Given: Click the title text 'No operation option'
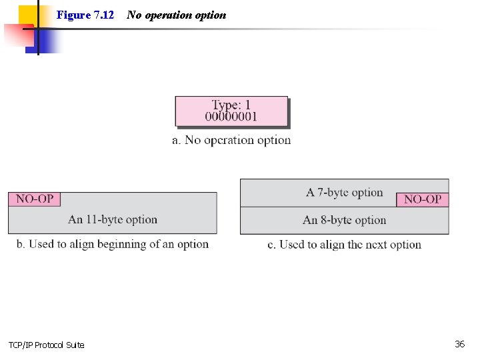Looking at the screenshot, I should (x=177, y=15).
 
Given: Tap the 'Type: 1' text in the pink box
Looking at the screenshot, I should (x=231, y=105).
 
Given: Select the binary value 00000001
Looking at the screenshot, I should (x=231, y=117).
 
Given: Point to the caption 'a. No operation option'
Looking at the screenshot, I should (x=231, y=140).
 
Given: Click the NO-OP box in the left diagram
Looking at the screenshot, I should (x=35, y=199).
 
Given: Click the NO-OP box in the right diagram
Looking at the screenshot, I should (x=423, y=199).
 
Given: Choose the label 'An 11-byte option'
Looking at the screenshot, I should (x=113, y=219).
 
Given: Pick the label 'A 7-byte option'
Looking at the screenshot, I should (x=344, y=193).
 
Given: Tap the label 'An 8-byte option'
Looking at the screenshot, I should (x=344, y=220).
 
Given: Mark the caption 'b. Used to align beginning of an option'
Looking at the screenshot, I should (x=113, y=244).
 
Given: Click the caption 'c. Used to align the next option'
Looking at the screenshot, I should (x=344, y=245).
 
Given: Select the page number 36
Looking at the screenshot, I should (x=459, y=344).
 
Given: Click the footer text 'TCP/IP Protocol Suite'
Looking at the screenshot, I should (x=47, y=345).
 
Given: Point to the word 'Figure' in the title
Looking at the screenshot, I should (x=73, y=15).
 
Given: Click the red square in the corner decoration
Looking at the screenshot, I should (x=16, y=35).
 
